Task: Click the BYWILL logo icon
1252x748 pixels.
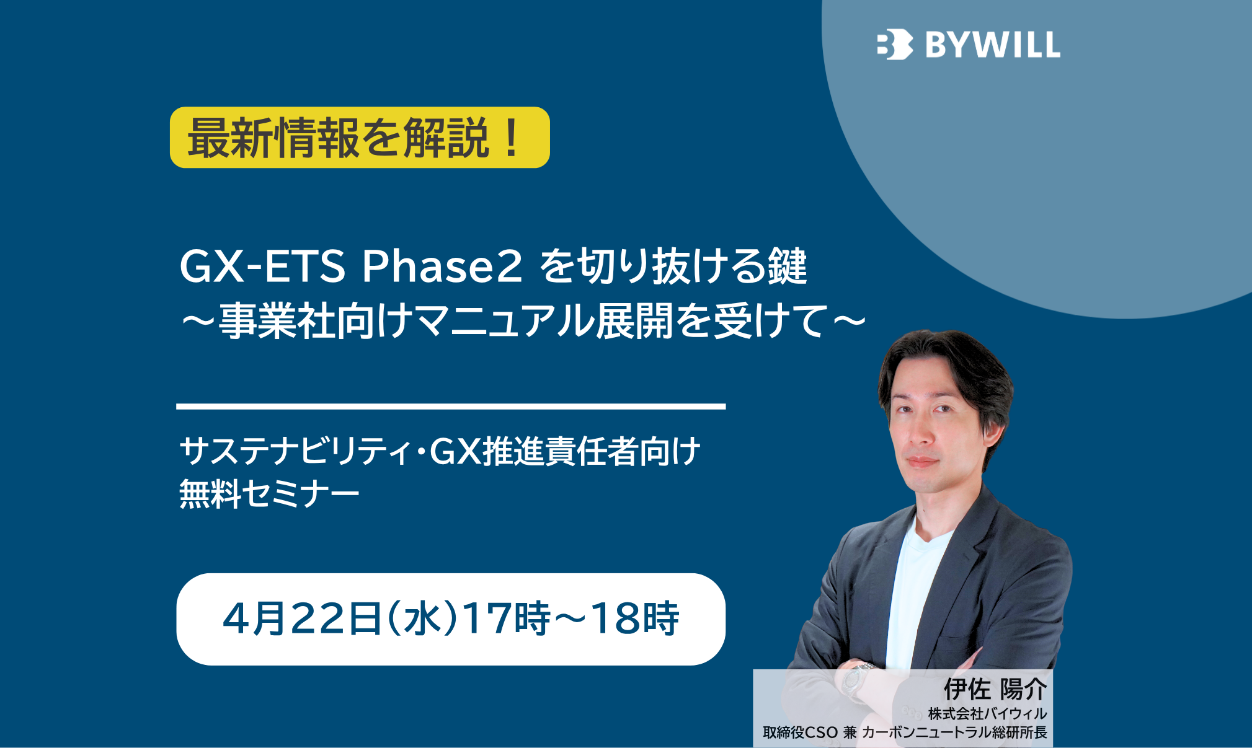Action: tap(895, 44)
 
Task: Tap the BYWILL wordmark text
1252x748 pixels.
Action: tap(993, 45)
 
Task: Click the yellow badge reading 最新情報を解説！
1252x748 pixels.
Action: tap(360, 138)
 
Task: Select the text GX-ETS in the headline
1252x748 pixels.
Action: tap(262, 266)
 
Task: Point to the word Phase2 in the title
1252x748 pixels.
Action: tap(442, 266)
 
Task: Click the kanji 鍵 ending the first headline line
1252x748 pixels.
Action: tap(788, 266)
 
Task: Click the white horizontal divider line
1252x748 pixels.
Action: tap(451, 407)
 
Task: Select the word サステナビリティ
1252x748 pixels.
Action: tap(295, 451)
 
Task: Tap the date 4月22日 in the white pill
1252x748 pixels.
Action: tap(301, 618)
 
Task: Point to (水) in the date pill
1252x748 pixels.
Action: tap(422, 618)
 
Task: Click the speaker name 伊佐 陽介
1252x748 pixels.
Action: tap(995, 689)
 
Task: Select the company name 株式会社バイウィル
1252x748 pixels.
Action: tap(987, 714)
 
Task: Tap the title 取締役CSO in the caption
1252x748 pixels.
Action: tap(801, 733)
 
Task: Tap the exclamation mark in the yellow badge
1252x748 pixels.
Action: tap(512, 138)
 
